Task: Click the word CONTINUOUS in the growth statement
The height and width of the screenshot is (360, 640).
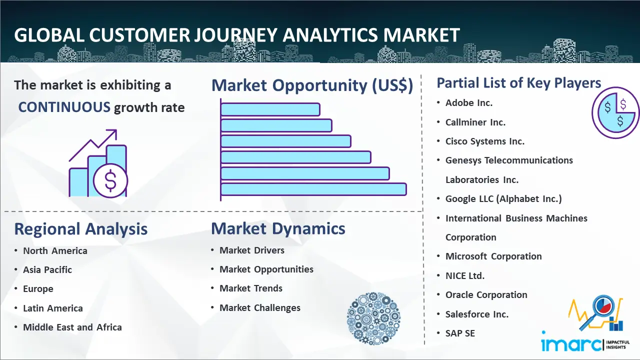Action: (64, 107)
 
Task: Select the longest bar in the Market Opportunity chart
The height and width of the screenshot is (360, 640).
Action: (313, 189)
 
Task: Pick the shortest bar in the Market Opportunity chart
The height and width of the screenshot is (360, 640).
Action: (270, 109)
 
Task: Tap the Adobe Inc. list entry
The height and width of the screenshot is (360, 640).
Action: (469, 103)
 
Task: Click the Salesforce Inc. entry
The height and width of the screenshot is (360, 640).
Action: (477, 314)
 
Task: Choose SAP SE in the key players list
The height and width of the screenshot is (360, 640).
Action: (460, 333)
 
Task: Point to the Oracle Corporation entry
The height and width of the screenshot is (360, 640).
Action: (486, 295)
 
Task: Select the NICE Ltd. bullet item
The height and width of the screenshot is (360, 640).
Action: (465, 275)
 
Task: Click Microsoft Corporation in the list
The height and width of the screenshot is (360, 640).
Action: (493, 256)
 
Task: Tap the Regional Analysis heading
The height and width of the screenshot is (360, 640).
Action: (81, 229)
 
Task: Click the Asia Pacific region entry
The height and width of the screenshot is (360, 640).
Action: (47, 269)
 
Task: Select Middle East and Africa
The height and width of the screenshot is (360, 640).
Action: (72, 327)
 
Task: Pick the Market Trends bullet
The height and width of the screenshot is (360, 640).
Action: (251, 288)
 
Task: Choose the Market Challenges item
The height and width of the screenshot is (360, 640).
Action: (260, 307)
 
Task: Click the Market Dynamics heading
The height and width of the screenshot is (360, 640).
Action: (278, 228)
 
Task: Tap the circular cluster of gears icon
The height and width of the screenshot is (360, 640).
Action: (373, 318)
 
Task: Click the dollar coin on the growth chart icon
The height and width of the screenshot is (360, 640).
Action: (110, 180)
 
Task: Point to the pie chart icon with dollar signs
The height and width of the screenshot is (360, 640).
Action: (615, 112)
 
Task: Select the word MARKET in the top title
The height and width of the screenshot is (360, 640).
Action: (421, 35)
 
